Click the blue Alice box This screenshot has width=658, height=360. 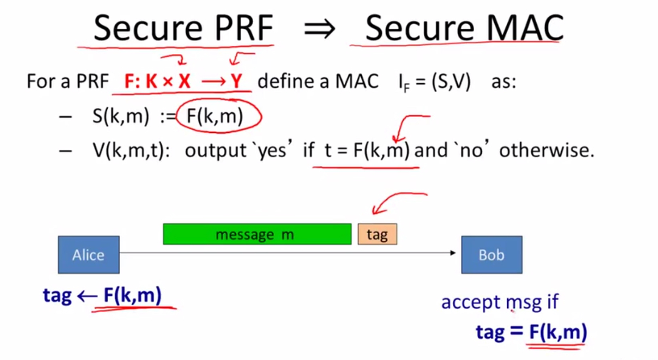click(89, 255)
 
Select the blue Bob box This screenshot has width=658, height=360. click(492, 255)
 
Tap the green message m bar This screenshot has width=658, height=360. click(257, 234)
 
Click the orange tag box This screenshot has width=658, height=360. click(377, 234)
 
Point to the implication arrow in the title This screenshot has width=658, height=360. click(320, 29)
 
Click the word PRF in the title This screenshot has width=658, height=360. click(244, 28)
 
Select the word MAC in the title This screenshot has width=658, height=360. click(525, 28)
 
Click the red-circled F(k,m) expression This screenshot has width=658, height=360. click(215, 116)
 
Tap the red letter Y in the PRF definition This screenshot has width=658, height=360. click(236, 81)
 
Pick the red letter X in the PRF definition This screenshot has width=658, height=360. click(184, 81)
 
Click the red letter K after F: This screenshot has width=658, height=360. click(151, 81)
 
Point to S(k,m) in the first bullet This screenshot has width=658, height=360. click(121, 116)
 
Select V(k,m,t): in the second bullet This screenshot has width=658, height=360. click(132, 151)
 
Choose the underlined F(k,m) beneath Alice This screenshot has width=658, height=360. click(133, 295)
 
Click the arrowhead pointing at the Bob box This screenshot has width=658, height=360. click(453, 253)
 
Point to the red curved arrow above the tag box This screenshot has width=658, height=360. click(397, 202)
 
